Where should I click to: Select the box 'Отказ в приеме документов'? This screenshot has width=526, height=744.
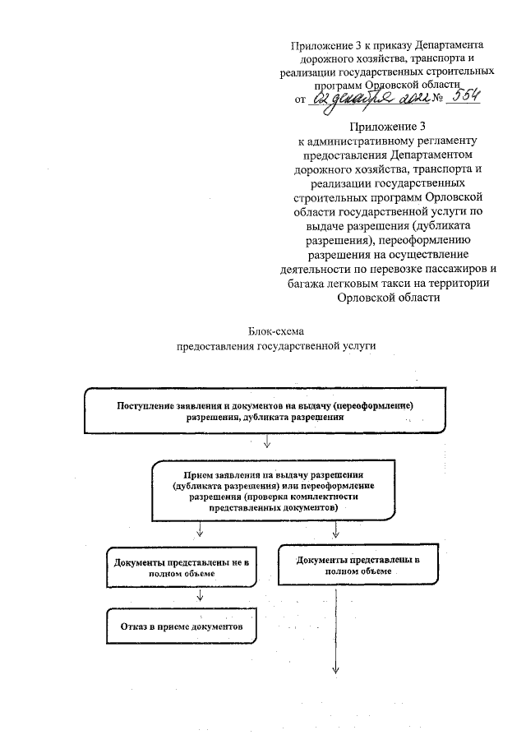click(x=182, y=626)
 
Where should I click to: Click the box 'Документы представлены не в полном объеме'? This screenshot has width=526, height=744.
click(x=182, y=566)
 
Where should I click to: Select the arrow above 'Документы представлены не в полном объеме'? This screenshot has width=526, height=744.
click(x=200, y=533)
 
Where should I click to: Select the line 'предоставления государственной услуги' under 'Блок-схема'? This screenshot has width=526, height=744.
click(x=276, y=346)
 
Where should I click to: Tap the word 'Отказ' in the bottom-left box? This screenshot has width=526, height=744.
click(x=136, y=626)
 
